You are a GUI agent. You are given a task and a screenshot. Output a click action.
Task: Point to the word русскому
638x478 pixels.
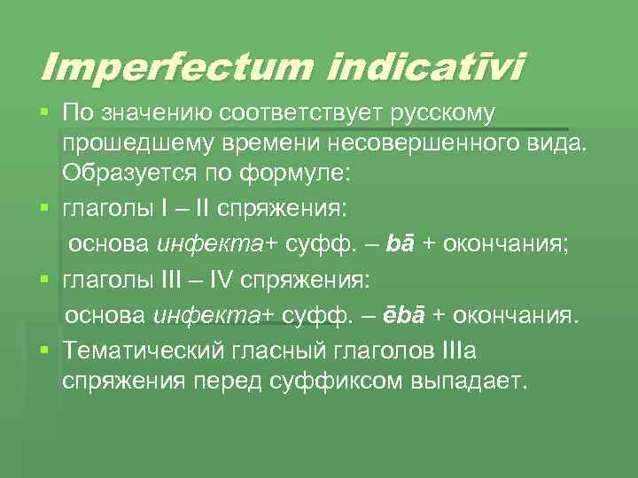[x=440, y=113]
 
